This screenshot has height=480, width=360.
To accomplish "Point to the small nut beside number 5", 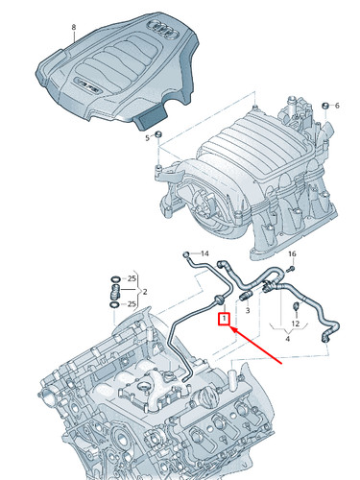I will [x=161, y=132].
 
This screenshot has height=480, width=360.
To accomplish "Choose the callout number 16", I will [x=293, y=253].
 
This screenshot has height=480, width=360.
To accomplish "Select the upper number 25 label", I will [x=132, y=279].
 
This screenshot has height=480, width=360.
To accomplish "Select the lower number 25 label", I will [x=132, y=303].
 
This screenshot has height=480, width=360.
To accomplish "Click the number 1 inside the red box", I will [x=224, y=318].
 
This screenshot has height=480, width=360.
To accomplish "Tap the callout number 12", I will [x=296, y=324].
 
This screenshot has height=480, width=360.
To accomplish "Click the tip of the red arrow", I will [x=231, y=325].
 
